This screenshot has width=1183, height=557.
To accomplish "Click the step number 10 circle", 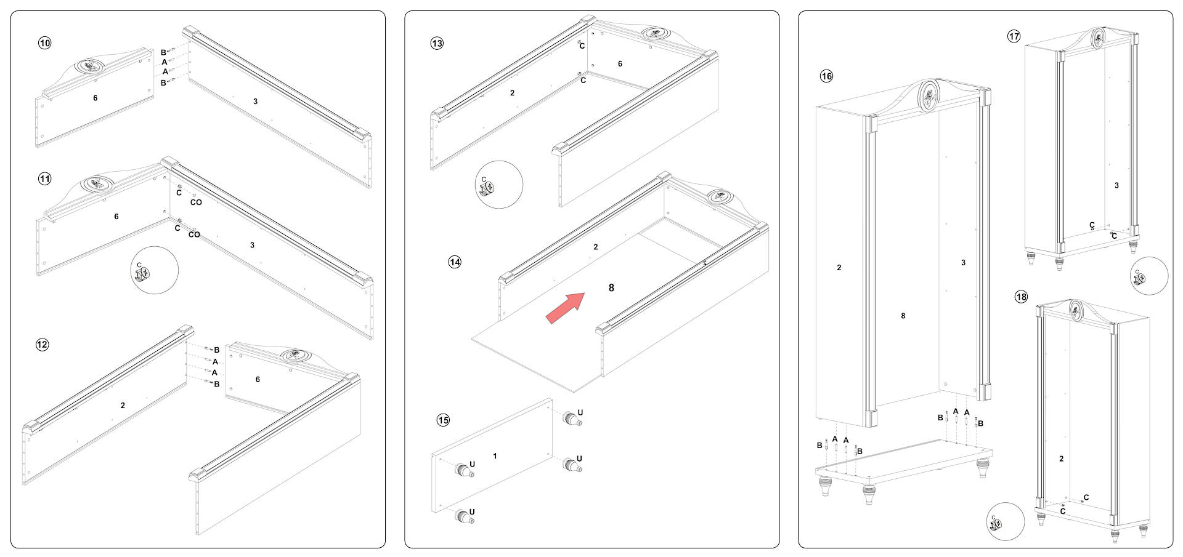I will [x=45, y=43].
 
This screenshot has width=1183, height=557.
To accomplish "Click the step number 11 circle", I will [x=45, y=179].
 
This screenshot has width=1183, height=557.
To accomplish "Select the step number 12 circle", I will [x=42, y=345].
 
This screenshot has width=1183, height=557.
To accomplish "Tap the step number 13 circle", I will [x=437, y=44].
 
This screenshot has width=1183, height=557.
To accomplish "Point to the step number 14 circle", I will [x=455, y=262].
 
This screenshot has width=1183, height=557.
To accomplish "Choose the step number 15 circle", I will [x=443, y=420].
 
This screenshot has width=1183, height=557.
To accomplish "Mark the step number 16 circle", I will [x=826, y=76].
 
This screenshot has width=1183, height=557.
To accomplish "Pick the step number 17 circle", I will [x=1014, y=36].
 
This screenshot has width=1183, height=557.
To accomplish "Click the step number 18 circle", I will [x=1021, y=297].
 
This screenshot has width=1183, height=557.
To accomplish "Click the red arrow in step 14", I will [x=566, y=307].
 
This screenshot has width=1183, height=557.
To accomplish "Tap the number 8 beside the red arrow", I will [x=611, y=287].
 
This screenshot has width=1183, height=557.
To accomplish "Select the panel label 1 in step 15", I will [x=495, y=456].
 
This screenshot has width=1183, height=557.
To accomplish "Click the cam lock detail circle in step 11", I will [x=155, y=270].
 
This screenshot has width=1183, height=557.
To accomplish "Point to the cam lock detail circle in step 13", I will [x=499, y=185].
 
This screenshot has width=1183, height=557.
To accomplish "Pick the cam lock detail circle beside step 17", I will [x=1150, y=276].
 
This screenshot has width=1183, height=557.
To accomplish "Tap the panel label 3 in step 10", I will [x=255, y=102].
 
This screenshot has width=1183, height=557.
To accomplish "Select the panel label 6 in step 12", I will [x=258, y=380].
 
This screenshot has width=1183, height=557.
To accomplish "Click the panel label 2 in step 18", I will [x=1061, y=459].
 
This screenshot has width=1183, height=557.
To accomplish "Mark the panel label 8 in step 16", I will [x=903, y=316].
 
